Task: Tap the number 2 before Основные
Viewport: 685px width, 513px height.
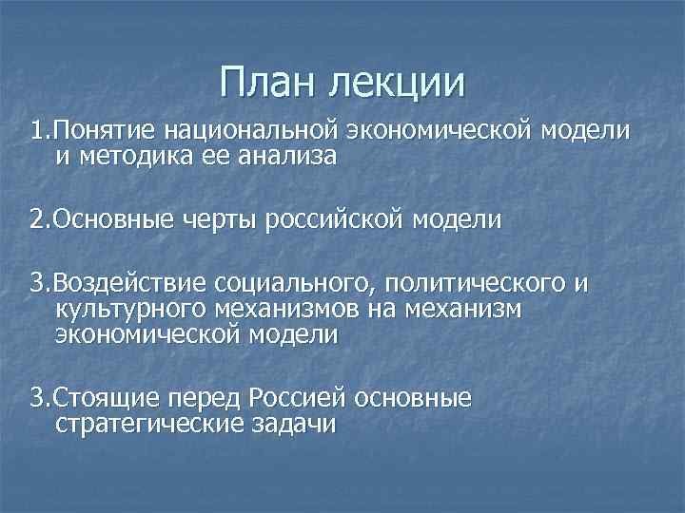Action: click(36, 220)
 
